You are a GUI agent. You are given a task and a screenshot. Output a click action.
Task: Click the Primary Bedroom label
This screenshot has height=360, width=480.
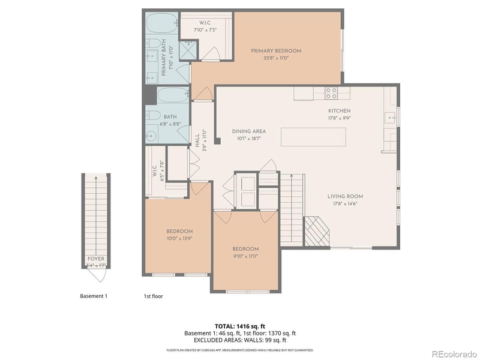click(x=276, y=51)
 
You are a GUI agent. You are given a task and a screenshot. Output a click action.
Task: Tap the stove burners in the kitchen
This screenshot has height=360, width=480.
click(x=331, y=92)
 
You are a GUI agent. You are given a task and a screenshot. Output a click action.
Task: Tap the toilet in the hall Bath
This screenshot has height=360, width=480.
click(x=152, y=115)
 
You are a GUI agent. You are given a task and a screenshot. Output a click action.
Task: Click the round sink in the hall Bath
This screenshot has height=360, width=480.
click(x=149, y=137)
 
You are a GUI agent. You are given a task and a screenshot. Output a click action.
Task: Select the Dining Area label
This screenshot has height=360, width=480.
click(x=249, y=131)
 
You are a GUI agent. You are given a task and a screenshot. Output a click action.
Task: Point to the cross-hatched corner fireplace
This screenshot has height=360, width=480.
click(x=316, y=232)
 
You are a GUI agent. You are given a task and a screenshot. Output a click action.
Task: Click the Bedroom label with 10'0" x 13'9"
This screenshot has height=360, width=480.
click(x=179, y=232)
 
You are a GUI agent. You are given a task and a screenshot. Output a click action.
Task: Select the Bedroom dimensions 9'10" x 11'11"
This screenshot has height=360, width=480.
click(x=245, y=256)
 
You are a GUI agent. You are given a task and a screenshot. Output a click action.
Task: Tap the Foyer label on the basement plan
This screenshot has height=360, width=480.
click(x=96, y=259)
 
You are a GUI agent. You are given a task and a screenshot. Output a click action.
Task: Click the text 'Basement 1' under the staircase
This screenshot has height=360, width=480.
click(x=94, y=296)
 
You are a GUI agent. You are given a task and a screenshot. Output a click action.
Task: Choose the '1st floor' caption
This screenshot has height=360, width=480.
click(x=153, y=296)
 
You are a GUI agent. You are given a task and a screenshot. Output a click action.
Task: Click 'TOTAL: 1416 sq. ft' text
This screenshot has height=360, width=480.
click(x=240, y=326)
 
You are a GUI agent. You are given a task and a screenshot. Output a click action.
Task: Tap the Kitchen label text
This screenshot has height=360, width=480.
click(x=339, y=111)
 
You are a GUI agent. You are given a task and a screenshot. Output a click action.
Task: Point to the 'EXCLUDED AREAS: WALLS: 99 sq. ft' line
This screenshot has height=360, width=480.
click(x=240, y=340)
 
